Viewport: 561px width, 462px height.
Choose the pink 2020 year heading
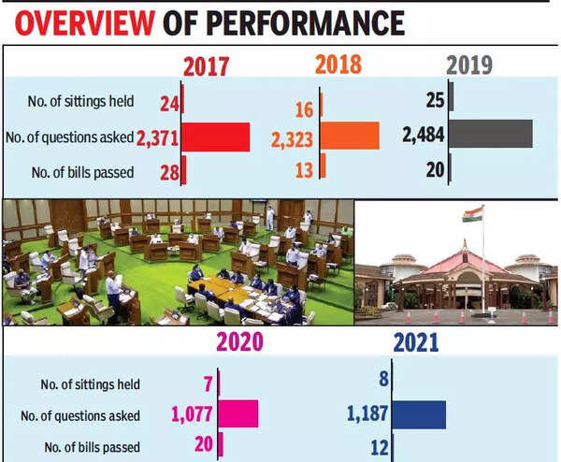238,342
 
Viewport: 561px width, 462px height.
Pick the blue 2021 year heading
415,342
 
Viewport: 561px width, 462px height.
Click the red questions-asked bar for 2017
215,137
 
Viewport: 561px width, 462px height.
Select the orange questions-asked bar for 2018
349,136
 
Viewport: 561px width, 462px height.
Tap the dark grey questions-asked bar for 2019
491,134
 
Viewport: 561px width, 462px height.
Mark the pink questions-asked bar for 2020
238,413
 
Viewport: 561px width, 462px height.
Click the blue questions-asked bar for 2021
418,414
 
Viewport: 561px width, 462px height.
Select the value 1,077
194,414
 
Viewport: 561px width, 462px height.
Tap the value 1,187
367,414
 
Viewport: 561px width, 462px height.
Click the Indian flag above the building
472,214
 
